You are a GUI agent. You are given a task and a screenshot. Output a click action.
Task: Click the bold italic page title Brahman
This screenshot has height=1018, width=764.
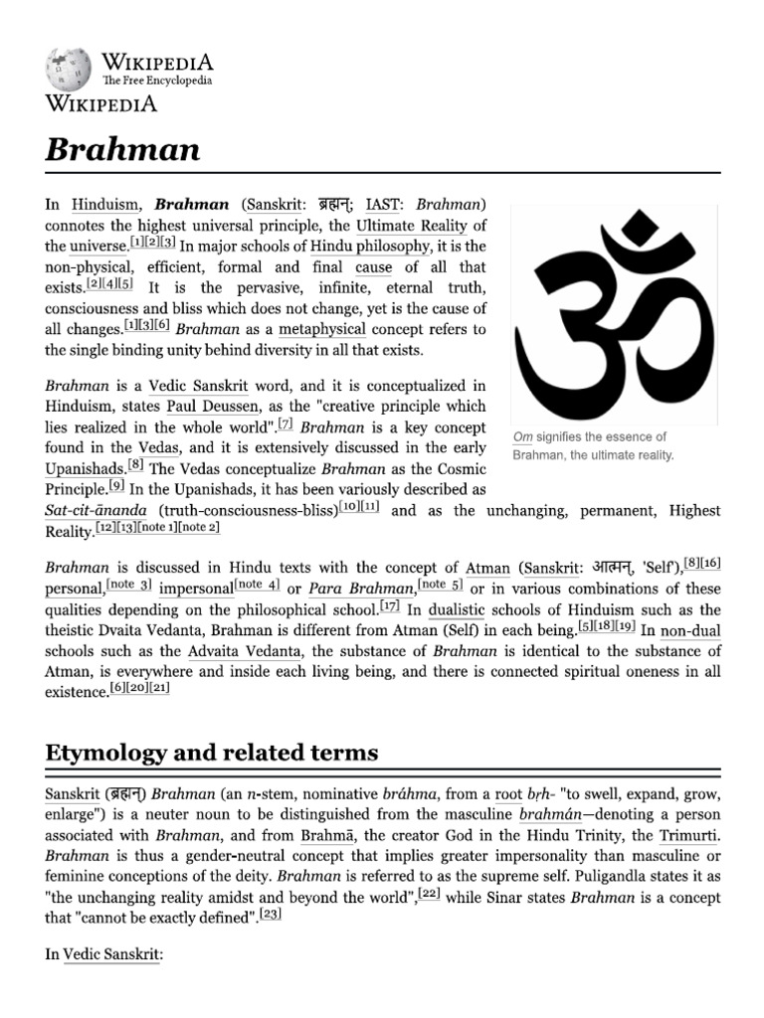[122, 150]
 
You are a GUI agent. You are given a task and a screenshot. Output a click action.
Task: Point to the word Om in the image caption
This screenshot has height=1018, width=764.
[523, 437]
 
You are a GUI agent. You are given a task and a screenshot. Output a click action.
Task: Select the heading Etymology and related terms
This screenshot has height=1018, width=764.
[212, 753]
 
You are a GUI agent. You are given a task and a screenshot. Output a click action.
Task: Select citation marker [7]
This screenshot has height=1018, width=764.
[286, 424]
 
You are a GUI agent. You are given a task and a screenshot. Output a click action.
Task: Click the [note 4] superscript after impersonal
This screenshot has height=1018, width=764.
[257, 585]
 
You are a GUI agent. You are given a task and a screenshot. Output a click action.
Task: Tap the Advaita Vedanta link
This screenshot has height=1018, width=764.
[244, 651]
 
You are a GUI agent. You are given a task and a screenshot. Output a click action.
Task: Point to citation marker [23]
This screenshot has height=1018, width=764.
[269, 916]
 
